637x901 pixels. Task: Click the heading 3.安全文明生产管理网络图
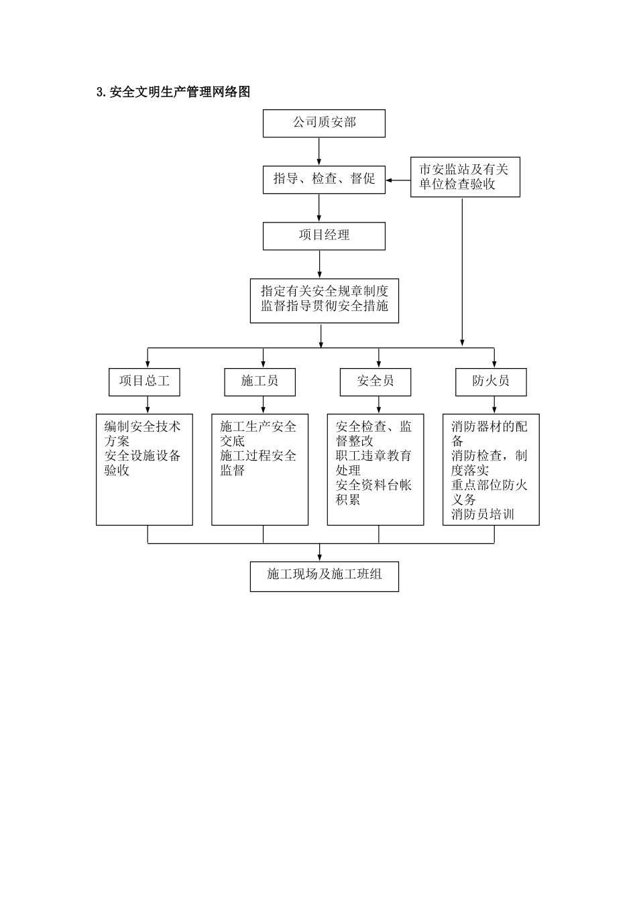(174, 93)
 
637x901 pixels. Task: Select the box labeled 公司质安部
(324, 123)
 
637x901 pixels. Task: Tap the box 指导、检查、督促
(324, 180)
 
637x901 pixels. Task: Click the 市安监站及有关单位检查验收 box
(465, 177)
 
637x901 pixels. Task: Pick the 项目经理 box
(324, 236)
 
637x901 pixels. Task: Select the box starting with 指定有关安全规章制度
(324, 300)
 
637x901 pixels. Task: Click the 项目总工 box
(144, 381)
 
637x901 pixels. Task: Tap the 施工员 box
(259, 381)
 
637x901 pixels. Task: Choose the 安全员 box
(375, 381)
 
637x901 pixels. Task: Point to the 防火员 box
(490, 381)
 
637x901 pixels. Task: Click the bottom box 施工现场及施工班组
(324, 576)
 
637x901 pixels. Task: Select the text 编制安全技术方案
(142, 434)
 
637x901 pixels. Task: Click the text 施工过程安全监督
(258, 463)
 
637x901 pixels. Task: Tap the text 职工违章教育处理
(373, 463)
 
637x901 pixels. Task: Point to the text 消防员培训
(483, 515)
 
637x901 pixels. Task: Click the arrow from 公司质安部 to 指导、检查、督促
(319, 152)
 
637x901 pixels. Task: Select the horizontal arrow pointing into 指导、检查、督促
(398, 180)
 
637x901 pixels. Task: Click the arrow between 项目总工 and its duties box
(148, 405)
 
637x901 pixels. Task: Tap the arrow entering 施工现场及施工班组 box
(320, 552)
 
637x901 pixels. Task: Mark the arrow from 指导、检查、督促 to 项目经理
(319, 208)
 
